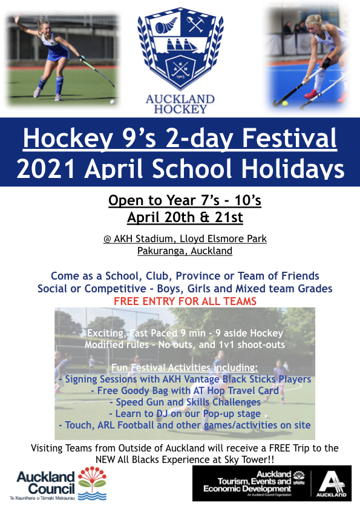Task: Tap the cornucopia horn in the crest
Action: (166, 25)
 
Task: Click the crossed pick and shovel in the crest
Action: (195, 24)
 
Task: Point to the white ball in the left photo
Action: (113, 102)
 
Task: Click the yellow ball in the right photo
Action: (285, 103)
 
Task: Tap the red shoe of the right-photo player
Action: (312, 94)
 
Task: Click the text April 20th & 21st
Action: (185, 217)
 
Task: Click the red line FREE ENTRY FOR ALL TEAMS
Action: (185, 301)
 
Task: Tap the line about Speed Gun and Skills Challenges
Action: (185, 402)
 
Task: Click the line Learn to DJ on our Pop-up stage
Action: (185, 413)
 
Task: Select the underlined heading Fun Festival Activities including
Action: (185, 367)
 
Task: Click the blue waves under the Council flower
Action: (92, 495)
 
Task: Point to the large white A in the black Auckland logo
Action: (332, 482)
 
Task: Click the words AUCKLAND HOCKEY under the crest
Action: (180, 104)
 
